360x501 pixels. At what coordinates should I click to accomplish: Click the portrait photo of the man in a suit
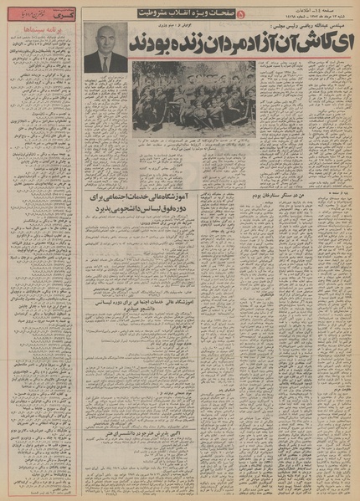tap(105, 49)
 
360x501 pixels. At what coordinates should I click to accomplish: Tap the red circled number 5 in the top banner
tap(243, 14)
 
